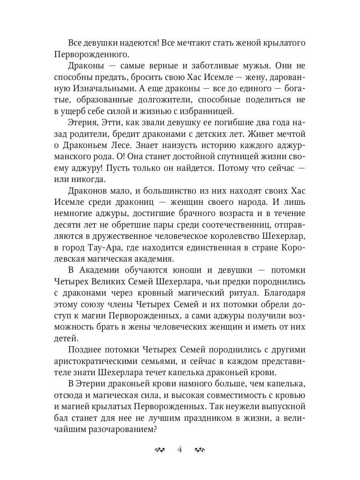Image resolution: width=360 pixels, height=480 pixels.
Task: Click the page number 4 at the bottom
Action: coord(180,449)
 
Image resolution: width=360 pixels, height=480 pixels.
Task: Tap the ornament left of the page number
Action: coord(160,450)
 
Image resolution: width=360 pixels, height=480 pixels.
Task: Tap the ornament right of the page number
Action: coord(200,450)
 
